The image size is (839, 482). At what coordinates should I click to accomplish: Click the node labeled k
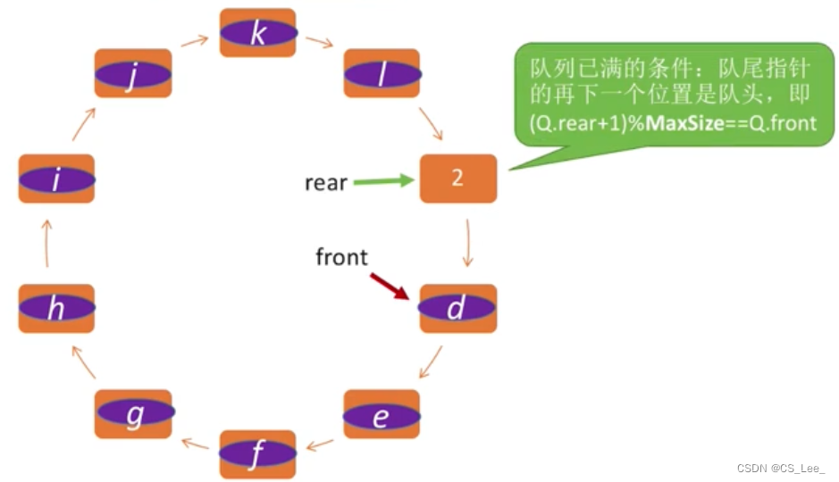coord(257,33)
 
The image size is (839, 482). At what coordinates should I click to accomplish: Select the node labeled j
coord(132,74)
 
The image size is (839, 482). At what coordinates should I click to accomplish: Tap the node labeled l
coord(382,74)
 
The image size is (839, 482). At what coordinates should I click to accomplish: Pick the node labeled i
coord(56,179)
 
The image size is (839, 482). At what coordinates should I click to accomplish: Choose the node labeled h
coord(56,308)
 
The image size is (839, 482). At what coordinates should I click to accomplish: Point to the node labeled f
coord(257,454)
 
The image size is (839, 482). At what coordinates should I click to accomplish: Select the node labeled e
coord(382,413)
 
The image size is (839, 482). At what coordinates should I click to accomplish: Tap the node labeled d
coord(457,308)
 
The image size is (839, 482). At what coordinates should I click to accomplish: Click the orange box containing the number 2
coord(457,178)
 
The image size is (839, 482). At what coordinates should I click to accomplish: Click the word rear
coord(325,183)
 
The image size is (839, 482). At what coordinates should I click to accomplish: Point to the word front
coord(341,257)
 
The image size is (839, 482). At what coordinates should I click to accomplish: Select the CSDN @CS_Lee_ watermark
coord(781,469)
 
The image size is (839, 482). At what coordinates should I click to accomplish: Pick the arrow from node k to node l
coord(319,42)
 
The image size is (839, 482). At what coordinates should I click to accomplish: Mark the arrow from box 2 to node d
coord(468,243)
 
